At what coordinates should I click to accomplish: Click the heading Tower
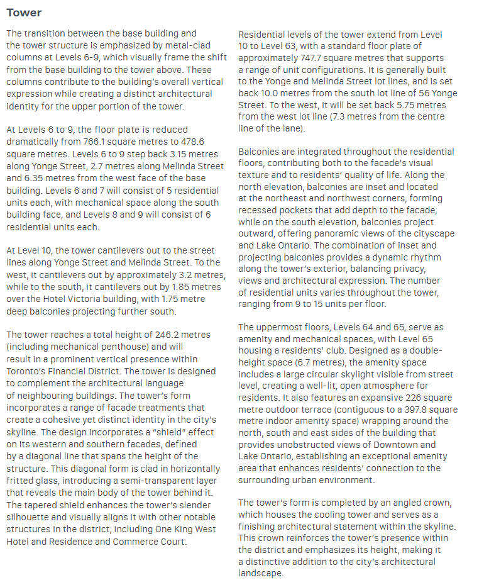[24, 13]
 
